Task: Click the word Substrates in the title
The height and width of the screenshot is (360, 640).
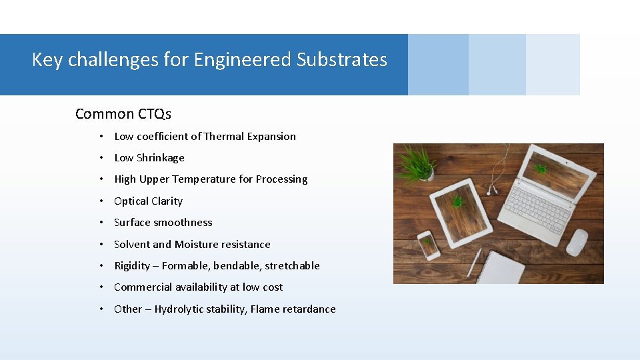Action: [x=342, y=60]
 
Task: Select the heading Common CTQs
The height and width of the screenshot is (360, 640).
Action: [x=123, y=114]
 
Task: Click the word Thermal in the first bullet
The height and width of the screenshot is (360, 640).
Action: [x=224, y=137]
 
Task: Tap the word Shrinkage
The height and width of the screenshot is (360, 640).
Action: [x=160, y=158]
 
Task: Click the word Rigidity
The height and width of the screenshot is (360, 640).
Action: [x=132, y=266]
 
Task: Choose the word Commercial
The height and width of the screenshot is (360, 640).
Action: [x=141, y=287]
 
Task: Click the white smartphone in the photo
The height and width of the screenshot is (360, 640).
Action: [x=428, y=245]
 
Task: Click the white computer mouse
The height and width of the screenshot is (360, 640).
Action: [x=577, y=241]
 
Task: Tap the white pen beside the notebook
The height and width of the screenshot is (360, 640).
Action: [x=474, y=262]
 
